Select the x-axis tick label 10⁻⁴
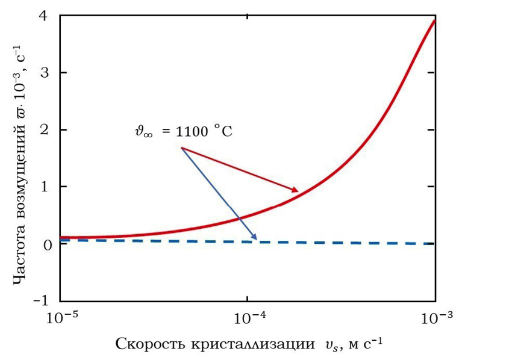(248, 317)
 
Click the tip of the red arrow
(298, 191)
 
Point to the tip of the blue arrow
(257, 240)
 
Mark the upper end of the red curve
(434, 20)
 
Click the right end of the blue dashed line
(434, 243)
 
